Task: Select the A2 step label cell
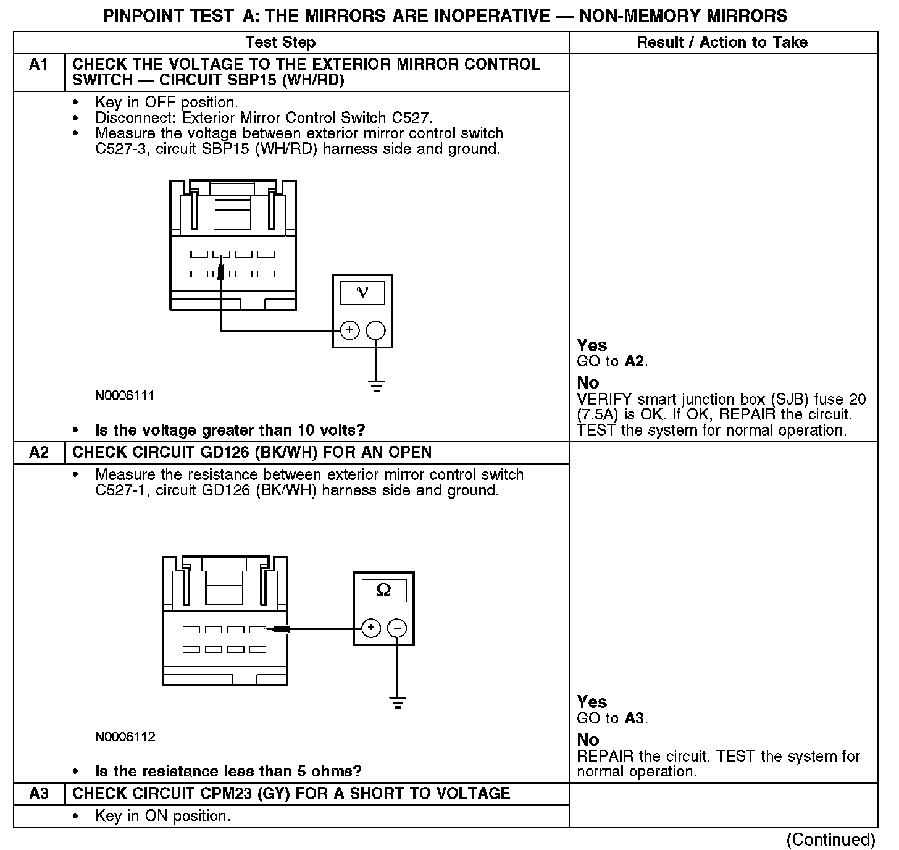point(39,453)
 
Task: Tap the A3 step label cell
point(39,794)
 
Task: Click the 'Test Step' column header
point(280,43)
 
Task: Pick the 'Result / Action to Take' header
point(722,43)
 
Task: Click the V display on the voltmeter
point(362,293)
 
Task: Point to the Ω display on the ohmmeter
point(383,591)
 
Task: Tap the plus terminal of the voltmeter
point(349,330)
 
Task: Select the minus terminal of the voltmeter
point(375,330)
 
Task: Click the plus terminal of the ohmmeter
point(370,628)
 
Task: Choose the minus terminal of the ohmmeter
point(397,628)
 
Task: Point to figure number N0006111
point(125,395)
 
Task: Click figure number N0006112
point(125,736)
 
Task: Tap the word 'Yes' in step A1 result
point(592,345)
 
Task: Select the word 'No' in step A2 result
point(588,739)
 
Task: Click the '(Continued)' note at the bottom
point(830,839)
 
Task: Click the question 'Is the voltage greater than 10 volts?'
point(230,430)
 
